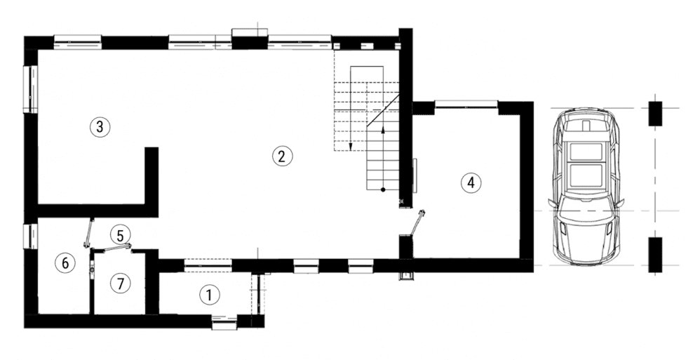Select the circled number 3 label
coord(100,127)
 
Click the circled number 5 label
coord(120,235)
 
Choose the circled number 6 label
coord(65,263)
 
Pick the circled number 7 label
coord(120,284)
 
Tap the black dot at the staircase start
coord(383,190)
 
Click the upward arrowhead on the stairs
coord(383,129)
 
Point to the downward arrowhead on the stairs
coord(351,147)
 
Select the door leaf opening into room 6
coord(89,233)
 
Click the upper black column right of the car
coord(655,114)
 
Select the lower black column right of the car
coord(655,255)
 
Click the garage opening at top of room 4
coord(466,104)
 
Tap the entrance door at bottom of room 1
coord(224,321)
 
